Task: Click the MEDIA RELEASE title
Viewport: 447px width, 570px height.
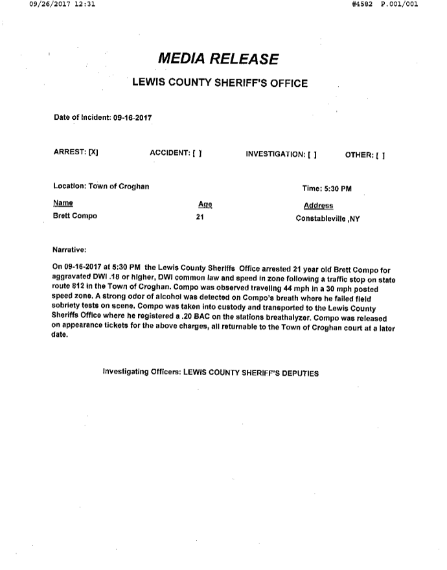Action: point(218,60)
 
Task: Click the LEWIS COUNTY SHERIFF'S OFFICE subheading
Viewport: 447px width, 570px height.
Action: point(220,83)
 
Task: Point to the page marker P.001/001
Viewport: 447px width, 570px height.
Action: point(399,5)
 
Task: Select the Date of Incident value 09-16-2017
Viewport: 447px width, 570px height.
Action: point(133,118)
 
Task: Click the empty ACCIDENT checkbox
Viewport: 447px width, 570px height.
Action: point(197,154)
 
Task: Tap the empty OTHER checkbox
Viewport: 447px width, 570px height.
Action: point(380,154)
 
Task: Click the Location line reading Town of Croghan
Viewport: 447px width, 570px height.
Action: point(101,187)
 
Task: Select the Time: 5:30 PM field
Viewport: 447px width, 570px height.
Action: point(327,189)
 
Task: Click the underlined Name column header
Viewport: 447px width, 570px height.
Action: point(63,203)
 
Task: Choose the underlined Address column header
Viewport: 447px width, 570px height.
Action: point(318,206)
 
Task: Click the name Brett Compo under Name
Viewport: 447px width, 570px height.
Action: point(74,216)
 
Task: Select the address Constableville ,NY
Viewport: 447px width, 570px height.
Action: point(327,218)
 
